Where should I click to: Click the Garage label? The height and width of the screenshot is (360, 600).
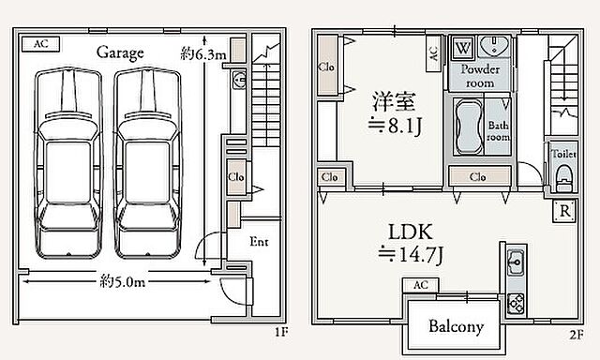120,52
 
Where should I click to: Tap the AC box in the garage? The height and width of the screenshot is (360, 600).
41,44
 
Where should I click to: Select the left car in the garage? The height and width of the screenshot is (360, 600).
68,163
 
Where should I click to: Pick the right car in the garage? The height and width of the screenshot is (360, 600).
148,163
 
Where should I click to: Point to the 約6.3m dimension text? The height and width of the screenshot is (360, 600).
203,54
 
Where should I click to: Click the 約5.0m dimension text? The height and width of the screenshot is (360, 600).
123,282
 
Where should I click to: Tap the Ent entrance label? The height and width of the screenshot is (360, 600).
259,241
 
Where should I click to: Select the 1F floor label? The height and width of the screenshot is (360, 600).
281,332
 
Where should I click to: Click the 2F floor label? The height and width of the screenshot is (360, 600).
577,335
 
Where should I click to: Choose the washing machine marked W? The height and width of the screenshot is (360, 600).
463,48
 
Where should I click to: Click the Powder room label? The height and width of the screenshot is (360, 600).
480,76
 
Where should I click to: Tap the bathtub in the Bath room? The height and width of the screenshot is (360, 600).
469,127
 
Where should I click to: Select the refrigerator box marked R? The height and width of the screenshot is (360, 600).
564,211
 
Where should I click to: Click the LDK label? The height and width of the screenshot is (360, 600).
411,232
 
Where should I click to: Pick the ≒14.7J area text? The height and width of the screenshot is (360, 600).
411,254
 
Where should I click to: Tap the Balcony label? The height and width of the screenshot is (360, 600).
456,326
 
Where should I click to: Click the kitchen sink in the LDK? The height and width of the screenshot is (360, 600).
516,262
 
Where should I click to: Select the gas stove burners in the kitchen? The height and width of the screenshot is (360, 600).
516,304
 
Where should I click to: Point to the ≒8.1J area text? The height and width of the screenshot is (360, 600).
395,125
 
